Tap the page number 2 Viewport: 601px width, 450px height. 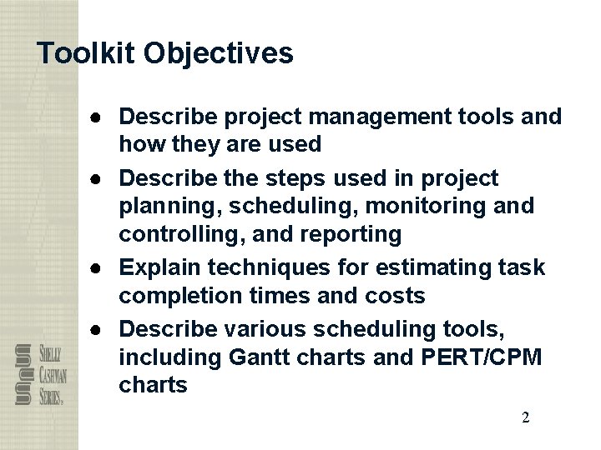pos(525,418)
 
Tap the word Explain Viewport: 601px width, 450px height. pos(164,267)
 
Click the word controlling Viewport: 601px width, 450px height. pos(173,234)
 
